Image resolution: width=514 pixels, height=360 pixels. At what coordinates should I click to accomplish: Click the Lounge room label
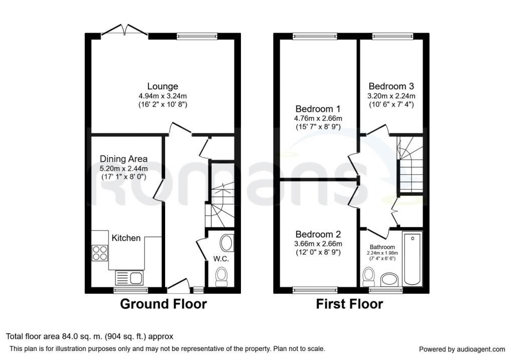162,86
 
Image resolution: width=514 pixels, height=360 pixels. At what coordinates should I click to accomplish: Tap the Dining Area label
123,159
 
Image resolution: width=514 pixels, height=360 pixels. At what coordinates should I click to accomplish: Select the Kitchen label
126,238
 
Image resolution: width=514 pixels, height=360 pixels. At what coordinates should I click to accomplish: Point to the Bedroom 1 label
318,109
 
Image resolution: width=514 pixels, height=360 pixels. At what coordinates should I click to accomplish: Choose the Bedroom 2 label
318,234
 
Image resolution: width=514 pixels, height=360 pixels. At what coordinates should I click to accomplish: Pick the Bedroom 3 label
391,86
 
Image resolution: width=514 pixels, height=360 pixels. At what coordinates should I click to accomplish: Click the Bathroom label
382,247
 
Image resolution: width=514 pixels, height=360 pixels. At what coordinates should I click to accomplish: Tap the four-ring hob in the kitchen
100,252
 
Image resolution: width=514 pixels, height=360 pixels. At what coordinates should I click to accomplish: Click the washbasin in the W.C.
226,243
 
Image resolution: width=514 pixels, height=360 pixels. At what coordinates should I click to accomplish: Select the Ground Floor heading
163,304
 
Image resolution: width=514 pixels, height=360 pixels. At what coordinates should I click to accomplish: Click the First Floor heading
349,304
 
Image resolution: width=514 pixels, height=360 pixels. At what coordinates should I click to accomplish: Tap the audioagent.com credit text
462,349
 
